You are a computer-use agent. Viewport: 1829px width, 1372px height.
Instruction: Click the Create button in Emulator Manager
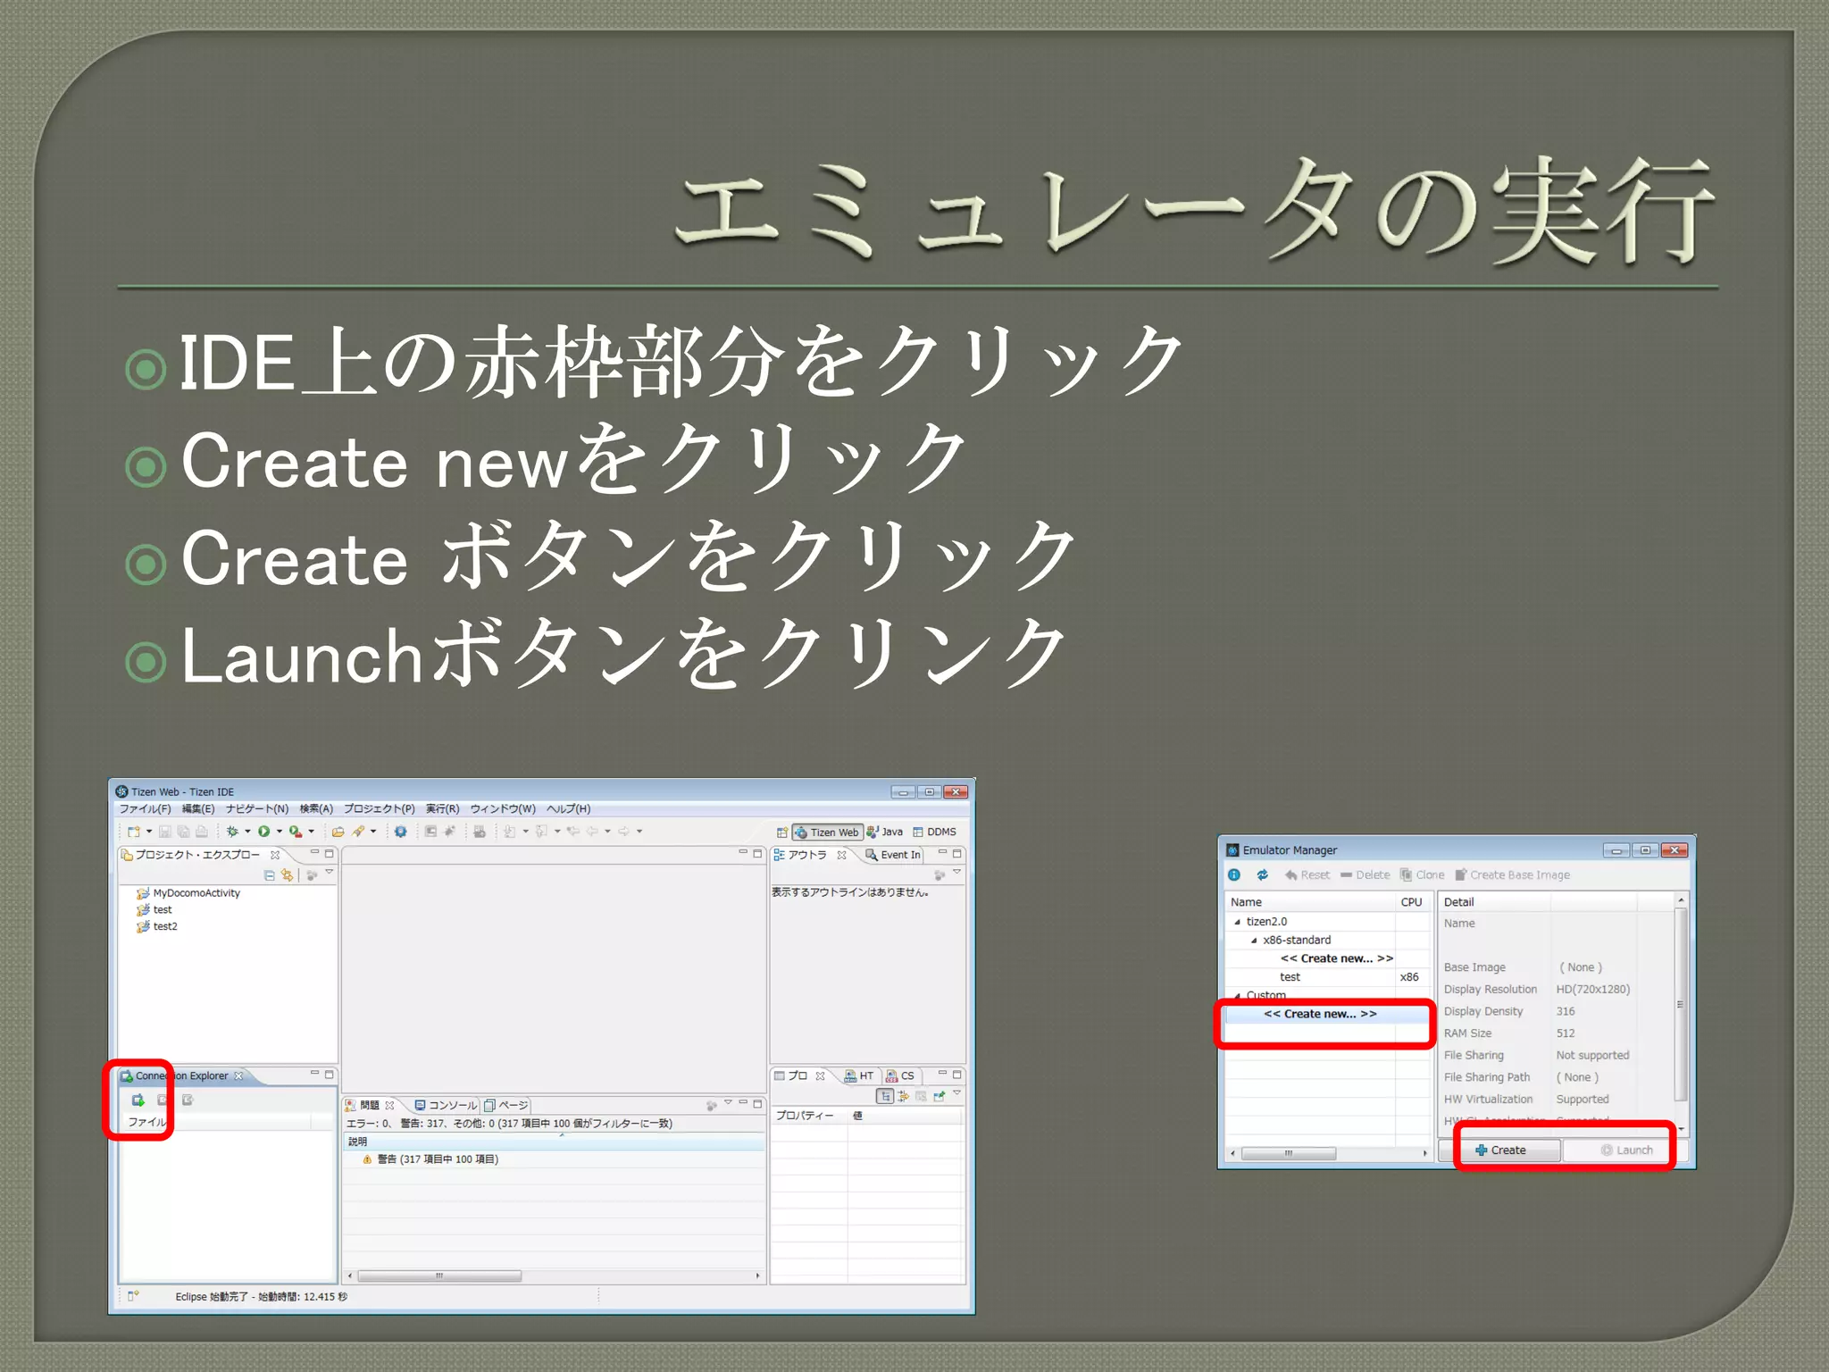click(1507, 1150)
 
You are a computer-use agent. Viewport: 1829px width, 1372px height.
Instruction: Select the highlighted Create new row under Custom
click(1320, 1014)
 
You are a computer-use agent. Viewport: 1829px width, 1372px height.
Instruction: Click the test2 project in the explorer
click(164, 926)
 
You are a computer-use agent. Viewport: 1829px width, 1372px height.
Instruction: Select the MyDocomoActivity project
click(196, 892)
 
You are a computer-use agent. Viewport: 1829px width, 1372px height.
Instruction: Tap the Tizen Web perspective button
click(827, 832)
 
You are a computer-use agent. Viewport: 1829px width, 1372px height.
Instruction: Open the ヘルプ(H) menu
click(568, 808)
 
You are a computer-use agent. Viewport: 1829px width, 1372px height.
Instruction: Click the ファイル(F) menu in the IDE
click(145, 808)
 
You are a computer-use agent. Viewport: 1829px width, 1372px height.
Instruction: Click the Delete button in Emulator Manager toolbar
click(1365, 874)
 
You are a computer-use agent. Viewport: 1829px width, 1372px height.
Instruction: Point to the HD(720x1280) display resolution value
click(1592, 989)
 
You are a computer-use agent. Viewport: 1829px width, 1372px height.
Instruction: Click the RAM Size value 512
click(1566, 1033)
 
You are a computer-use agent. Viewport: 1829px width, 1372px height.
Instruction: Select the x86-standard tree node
click(1296, 940)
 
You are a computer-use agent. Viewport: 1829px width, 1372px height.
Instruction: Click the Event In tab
click(894, 855)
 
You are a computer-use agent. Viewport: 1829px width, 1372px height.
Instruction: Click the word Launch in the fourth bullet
click(301, 657)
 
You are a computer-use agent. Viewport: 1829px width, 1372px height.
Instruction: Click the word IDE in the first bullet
click(237, 364)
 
